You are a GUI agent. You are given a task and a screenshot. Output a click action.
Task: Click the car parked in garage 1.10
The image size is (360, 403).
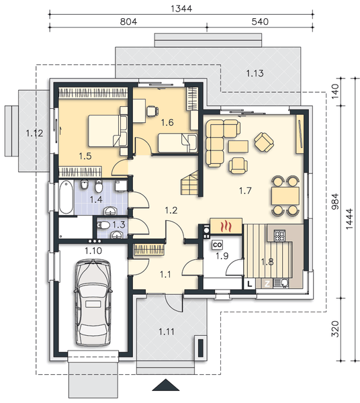[x=93, y=303]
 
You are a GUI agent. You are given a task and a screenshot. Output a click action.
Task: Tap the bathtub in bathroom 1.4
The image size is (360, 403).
[x=66, y=197]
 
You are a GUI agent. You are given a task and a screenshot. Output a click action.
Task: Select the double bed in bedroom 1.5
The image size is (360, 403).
[x=107, y=131]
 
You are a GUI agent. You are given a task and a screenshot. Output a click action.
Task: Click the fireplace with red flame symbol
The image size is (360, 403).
[x=226, y=226]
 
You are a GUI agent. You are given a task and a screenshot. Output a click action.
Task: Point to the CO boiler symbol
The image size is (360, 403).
[x=218, y=244]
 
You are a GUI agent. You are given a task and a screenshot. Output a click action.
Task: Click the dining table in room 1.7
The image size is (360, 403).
[x=285, y=196]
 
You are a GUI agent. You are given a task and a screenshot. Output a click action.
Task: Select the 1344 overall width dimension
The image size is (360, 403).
[x=181, y=9]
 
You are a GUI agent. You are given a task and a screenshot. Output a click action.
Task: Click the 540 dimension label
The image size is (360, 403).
[x=260, y=21]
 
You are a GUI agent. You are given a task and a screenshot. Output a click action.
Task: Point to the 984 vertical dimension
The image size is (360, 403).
[x=335, y=201]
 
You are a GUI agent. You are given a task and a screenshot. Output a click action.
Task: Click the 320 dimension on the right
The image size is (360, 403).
[x=335, y=328]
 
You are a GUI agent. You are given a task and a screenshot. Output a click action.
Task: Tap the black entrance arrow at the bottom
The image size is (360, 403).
[x=166, y=385]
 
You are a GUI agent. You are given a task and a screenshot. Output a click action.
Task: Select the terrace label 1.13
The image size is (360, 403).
[x=255, y=73]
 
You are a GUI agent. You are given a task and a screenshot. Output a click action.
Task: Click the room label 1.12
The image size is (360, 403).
[x=34, y=133]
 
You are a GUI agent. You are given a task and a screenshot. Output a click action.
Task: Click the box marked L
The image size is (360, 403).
[x=249, y=284]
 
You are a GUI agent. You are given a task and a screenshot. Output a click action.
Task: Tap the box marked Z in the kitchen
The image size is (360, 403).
[x=267, y=284]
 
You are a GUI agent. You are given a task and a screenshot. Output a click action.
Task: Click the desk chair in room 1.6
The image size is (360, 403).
[x=152, y=111]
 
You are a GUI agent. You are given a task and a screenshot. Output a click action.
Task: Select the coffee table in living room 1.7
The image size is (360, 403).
[x=238, y=147]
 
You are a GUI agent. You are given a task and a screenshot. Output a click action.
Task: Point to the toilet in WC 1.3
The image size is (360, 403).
[x=103, y=226]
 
